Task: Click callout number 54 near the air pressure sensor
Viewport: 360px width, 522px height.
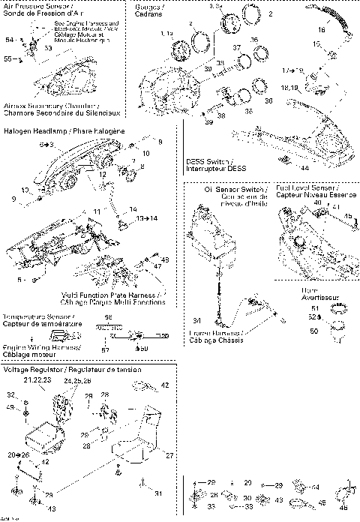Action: (x=10, y=38)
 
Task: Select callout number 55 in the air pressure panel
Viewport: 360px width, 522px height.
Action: (x=8, y=57)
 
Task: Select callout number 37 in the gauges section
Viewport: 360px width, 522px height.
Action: (x=237, y=47)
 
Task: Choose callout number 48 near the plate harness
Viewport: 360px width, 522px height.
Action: (x=165, y=259)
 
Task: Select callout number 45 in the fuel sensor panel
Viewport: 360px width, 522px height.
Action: (x=347, y=217)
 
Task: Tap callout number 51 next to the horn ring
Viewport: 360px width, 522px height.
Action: (x=314, y=307)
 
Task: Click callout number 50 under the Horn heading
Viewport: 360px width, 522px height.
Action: (x=314, y=330)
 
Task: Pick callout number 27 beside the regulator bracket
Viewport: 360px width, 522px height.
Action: (x=169, y=455)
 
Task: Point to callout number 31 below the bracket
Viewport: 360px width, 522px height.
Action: (x=157, y=493)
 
